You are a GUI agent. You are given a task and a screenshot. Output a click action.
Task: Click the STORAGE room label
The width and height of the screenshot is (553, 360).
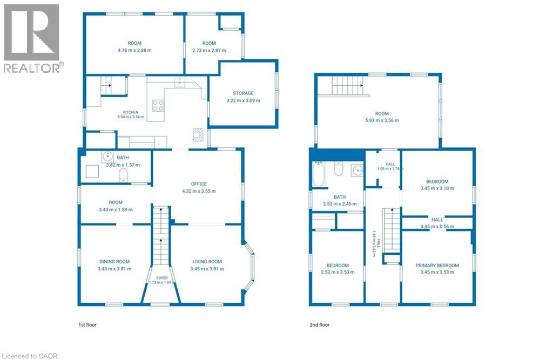[243, 93]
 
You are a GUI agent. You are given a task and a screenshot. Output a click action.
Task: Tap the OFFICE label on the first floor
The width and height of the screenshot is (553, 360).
[199, 184]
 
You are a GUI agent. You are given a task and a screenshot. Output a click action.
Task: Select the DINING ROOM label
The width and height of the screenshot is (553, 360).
[114, 262]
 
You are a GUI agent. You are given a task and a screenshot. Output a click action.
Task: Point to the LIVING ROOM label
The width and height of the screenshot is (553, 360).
[207, 262]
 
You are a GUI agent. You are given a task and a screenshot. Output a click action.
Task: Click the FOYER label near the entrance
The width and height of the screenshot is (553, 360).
[162, 278]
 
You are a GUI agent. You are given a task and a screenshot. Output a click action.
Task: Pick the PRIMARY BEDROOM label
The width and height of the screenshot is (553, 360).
[437, 266]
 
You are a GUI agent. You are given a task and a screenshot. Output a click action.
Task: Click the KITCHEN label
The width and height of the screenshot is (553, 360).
[131, 112]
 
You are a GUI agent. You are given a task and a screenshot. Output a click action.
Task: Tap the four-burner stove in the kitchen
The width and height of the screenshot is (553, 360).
[158, 105]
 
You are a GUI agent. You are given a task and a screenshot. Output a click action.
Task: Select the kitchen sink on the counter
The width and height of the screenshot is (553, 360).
[180, 82]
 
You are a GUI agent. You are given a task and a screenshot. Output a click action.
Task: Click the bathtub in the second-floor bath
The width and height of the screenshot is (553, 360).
[319, 174]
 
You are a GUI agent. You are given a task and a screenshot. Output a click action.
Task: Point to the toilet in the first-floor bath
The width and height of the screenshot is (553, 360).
[123, 175]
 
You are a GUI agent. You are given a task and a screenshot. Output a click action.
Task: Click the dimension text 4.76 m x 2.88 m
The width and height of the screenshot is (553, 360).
[134, 50]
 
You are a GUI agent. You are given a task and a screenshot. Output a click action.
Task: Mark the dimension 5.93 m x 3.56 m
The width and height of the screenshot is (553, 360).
[382, 120]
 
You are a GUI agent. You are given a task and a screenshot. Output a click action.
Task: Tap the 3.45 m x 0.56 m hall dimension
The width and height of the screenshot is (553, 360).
[437, 226]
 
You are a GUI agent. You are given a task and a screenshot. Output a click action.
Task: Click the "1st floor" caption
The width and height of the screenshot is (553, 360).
[87, 325]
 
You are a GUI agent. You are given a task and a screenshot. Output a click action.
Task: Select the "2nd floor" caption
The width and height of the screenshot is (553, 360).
[320, 325]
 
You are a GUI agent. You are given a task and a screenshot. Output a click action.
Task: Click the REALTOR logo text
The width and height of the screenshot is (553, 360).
[32, 68]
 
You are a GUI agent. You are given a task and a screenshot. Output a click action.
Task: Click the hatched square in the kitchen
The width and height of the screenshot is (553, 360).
[198, 135]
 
